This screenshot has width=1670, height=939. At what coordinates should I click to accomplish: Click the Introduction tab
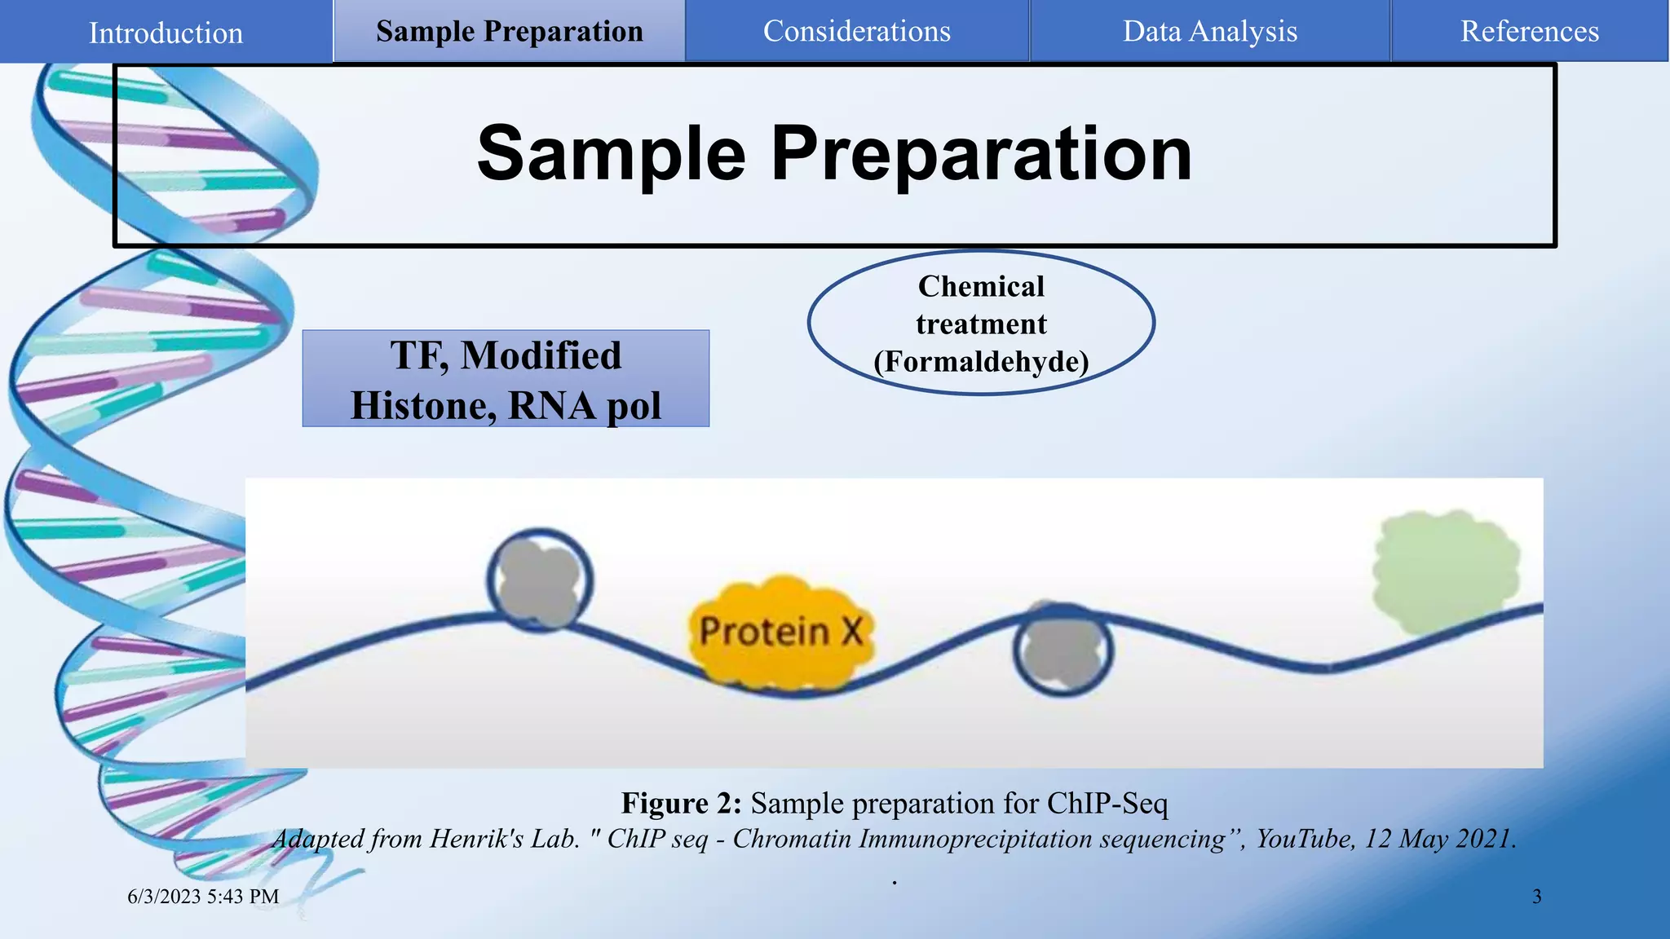(x=166, y=33)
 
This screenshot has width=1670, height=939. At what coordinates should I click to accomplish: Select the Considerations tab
(x=856, y=31)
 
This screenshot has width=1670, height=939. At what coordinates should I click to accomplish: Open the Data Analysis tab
(x=1209, y=31)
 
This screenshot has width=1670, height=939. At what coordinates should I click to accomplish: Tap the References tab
(x=1529, y=31)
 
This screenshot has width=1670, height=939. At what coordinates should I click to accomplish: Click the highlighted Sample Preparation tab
(x=510, y=31)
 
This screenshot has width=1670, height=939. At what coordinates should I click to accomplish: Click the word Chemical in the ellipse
(x=981, y=286)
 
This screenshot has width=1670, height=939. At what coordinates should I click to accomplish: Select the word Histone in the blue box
(x=422, y=405)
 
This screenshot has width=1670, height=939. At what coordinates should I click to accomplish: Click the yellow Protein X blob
(x=781, y=633)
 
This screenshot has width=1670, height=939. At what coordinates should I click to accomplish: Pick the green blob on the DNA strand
(x=1446, y=571)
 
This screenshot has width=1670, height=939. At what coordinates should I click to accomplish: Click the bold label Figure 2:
(x=681, y=803)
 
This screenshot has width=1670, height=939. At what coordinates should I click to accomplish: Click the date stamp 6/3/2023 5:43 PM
(x=203, y=897)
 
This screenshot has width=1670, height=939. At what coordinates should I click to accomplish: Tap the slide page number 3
(x=1536, y=897)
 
